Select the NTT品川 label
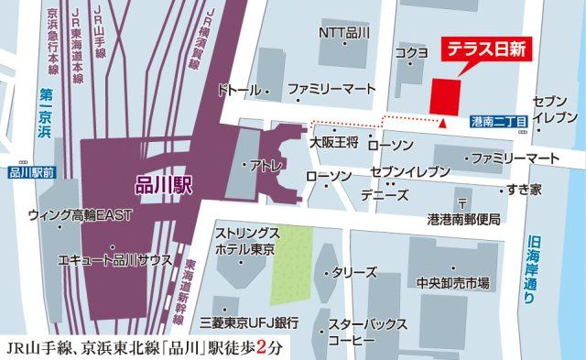tap(343, 33)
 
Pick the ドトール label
tap(240, 91)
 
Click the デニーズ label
tap(385, 195)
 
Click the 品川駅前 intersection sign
tap(31, 171)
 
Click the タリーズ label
tap(358, 273)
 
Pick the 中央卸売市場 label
tap(451, 281)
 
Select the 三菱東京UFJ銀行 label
tap(249, 322)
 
